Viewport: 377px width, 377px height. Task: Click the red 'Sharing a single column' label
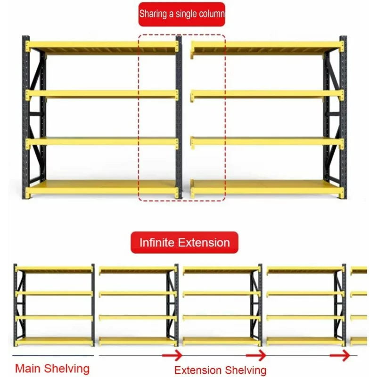pos(182,14)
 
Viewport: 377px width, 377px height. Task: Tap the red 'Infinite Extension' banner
pos(184,242)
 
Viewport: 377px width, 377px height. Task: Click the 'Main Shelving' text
pos(52,369)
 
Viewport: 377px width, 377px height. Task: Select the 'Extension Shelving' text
pos(220,370)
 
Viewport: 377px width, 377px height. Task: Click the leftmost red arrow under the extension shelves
pos(172,355)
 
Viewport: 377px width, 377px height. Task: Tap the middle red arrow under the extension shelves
pos(256,355)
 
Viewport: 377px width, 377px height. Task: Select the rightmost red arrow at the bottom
pos(340,355)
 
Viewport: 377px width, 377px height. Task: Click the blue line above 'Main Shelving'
pos(53,355)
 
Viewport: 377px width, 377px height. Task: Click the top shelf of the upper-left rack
pos(102,47)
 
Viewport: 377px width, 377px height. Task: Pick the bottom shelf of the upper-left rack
pos(102,188)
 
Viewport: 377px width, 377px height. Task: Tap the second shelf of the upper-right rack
pos(267,95)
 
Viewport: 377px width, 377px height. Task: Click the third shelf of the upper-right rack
pos(267,142)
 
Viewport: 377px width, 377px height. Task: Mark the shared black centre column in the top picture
pos(179,117)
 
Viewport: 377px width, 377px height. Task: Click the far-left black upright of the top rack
pos(25,117)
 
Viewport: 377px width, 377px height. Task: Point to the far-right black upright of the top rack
pos(344,117)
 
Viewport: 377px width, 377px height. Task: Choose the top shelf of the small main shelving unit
pos(54,269)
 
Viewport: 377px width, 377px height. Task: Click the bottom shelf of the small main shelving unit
pos(54,341)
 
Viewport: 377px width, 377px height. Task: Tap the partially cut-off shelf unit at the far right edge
pos(359,306)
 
